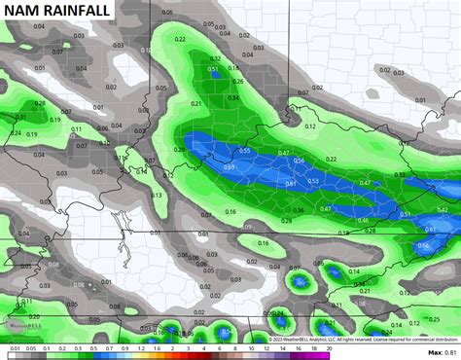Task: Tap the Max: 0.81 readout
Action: (x=442, y=352)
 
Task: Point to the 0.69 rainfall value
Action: (x=230, y=167)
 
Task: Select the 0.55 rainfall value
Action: (x=245, y=151)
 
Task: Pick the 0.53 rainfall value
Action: (x=313, y=180)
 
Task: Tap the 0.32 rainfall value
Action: (x=216, y=58)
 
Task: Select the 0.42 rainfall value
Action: (x=442, y=209)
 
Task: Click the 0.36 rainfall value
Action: (x=299, y=210)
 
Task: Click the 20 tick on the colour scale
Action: (x=330, y=348)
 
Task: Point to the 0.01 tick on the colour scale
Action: (x=14, y=348)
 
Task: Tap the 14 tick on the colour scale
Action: (x=282, y=348)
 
